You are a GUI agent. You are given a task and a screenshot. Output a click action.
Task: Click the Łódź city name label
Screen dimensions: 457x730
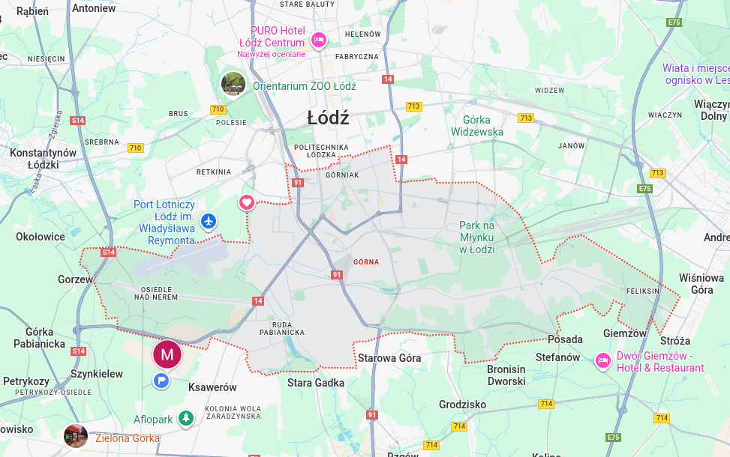tap(328, 118)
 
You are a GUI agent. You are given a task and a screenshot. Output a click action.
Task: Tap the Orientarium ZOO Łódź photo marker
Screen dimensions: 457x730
tap(233, 84)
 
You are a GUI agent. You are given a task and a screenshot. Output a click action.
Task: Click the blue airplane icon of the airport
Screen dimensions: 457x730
tap(208, 222)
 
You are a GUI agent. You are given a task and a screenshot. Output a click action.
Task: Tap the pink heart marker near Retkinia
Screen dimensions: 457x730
tap(247, 202)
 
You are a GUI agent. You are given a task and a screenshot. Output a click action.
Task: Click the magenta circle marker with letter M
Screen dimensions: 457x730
tap(167, 354)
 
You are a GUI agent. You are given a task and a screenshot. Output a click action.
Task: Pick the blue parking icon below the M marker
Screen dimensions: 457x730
tap(161, 381)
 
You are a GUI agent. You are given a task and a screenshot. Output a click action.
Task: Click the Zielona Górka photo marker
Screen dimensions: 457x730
tap(76, 436)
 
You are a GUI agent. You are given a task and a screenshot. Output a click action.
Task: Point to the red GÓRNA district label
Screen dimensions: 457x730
tap(366, 262)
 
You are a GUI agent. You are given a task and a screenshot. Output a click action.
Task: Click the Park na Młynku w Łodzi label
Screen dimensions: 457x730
tap(477, 237)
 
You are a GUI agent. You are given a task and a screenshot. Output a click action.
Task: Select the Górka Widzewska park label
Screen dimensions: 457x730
tap(477, 126)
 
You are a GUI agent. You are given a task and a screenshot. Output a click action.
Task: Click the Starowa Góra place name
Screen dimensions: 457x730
tap(389, 358)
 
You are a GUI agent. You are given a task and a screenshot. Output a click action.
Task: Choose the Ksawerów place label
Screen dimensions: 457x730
tap(212, 387)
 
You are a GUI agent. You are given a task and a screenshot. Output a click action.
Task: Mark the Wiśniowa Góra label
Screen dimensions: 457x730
tap(701, 283)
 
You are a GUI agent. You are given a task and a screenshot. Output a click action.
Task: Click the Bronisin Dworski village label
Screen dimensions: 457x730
tap(506, 375)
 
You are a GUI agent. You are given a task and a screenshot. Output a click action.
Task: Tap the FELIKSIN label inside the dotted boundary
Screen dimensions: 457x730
tap(642, 291)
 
